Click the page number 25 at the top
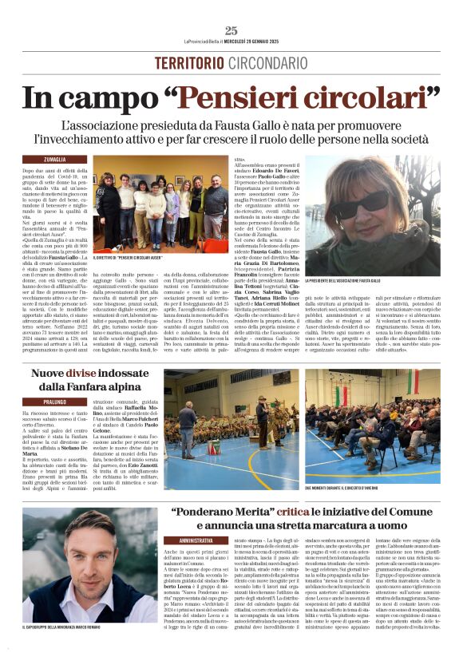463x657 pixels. click(x=231, y=30)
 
